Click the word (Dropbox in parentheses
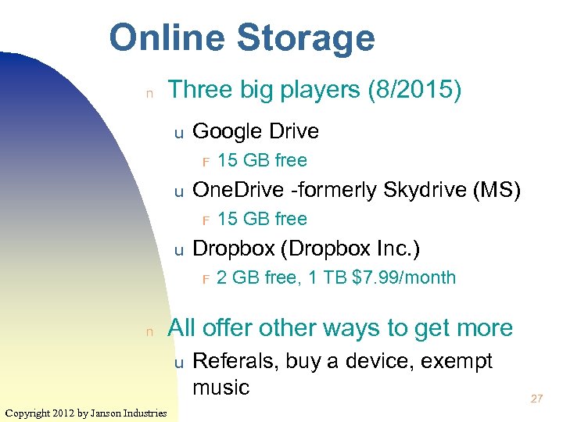(x=325, y=249)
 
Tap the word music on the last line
(x=221, y=387)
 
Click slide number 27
(x=536, y=399)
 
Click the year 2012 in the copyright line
(x=63, y=413)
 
